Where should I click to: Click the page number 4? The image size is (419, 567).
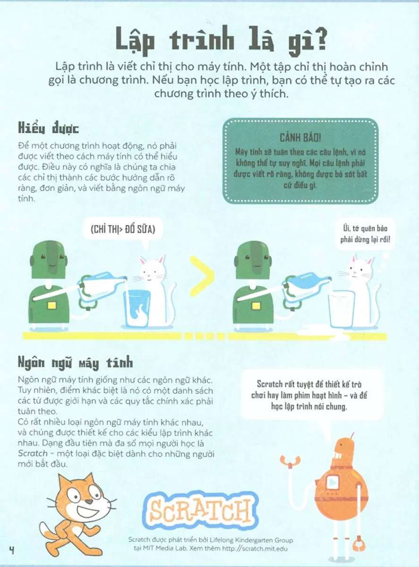(11, 550)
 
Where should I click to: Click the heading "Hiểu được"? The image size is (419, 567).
(48, 129)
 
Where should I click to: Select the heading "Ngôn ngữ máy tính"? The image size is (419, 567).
(75, 362)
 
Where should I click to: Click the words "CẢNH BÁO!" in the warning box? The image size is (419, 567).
(300, 138)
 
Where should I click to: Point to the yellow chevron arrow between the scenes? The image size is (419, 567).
(202, 276)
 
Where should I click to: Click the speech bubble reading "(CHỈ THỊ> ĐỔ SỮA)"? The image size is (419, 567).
(123, 229)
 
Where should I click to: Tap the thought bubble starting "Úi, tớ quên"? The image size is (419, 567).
(365, 234)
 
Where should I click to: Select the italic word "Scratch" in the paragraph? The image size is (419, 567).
(33, 454)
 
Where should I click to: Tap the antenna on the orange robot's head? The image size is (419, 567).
(352, 435)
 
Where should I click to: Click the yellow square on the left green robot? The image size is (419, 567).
(51, 306)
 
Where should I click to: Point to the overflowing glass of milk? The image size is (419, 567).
(342, 310)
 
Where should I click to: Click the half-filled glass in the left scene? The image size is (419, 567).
(136, 308)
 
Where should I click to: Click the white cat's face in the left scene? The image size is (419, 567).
(152, 272)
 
